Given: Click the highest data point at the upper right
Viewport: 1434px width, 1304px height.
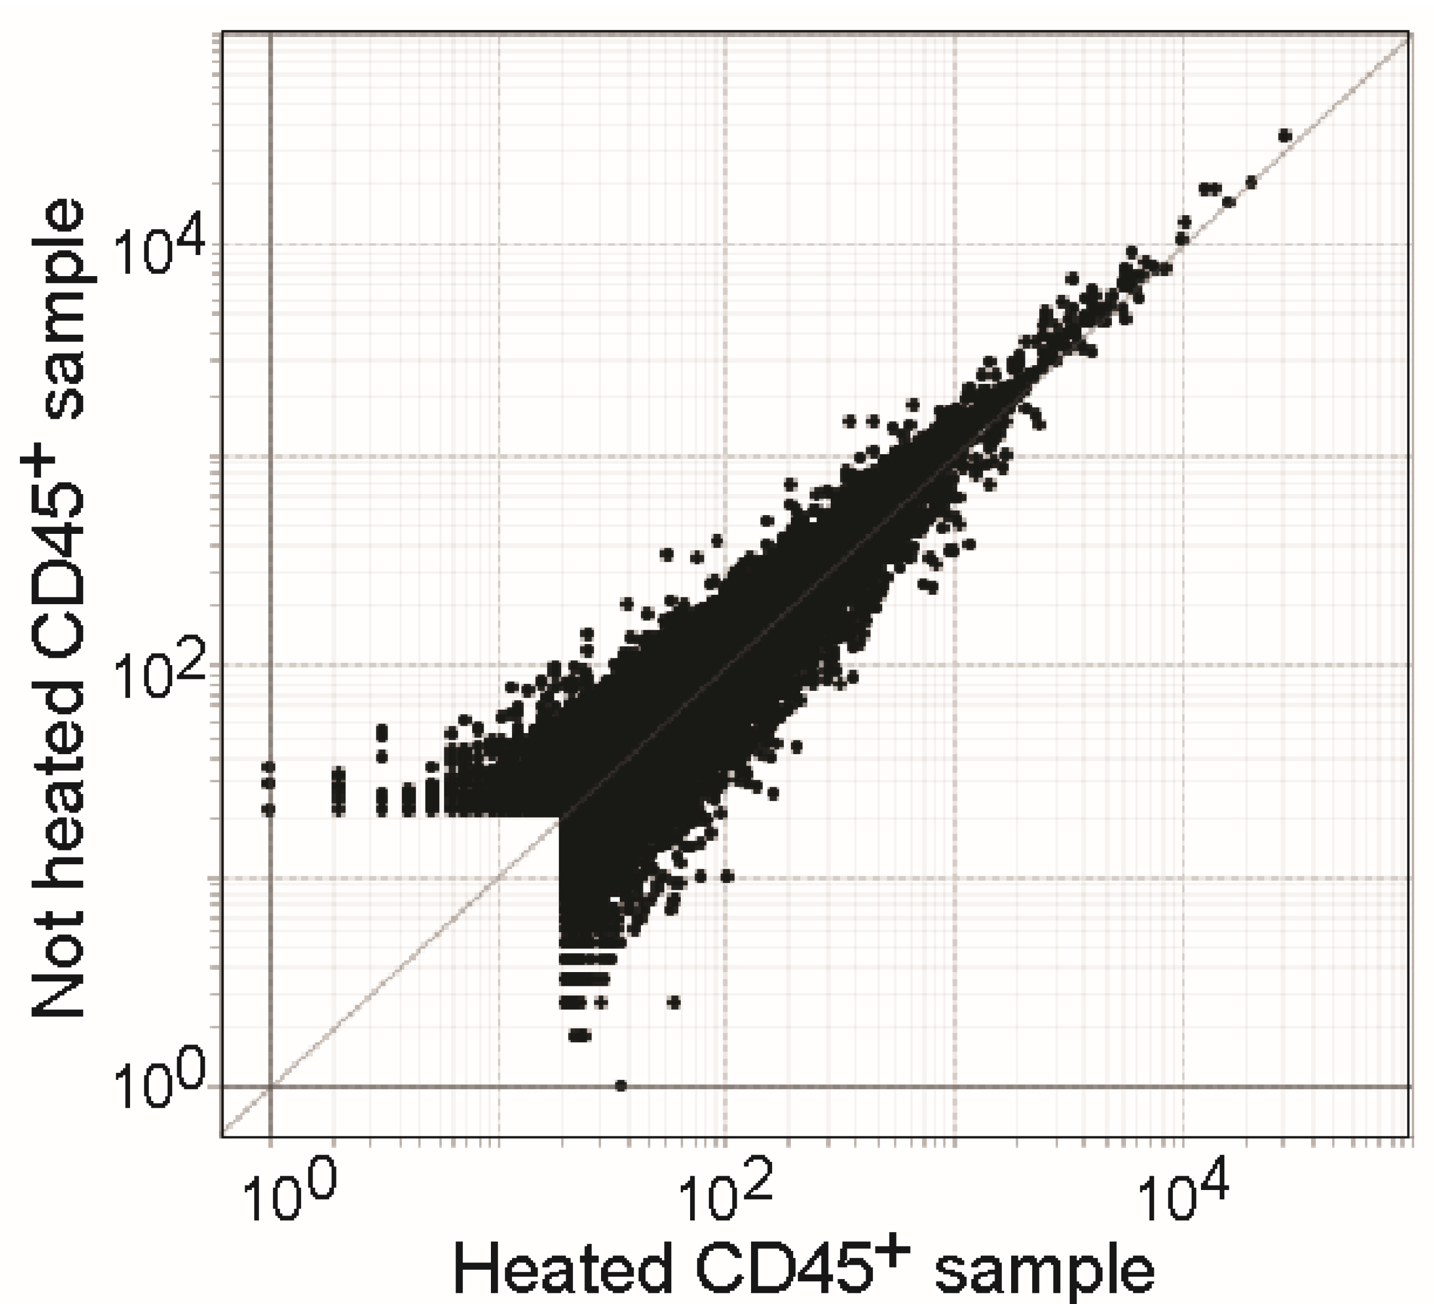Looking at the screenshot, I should coord(1285,135).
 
